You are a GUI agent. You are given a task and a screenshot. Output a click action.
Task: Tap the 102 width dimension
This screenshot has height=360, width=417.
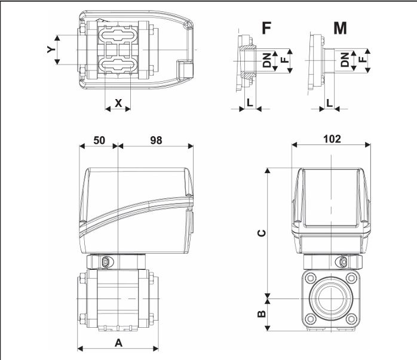(x=332, y=139)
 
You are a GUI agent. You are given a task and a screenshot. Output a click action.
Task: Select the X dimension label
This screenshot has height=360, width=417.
(x=118, y=102)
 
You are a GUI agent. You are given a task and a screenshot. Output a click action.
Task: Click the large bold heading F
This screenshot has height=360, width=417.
(x=266, y=28)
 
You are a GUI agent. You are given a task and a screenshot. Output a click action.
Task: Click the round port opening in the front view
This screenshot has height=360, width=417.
(x=332, y=297)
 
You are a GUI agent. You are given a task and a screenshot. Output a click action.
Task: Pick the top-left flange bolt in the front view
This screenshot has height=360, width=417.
(x=309, y=278)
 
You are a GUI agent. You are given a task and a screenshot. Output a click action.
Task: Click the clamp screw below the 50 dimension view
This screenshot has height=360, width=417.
(x=106, y=262)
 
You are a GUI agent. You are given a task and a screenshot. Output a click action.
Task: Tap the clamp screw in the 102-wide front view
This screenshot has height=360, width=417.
(x=343, y=262)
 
